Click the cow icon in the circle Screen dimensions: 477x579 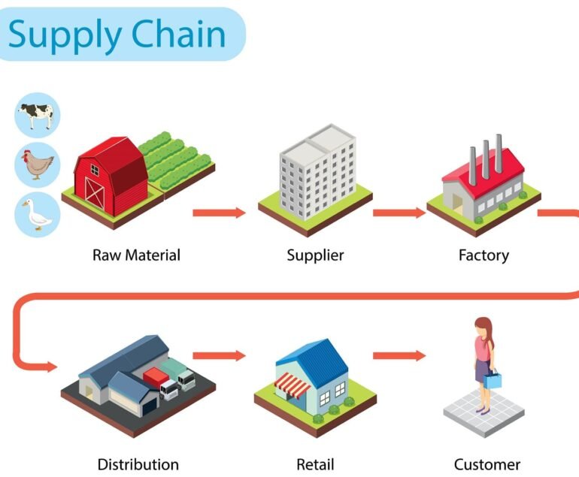[x=37, y=114]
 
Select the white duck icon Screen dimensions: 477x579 [x=37, y=214]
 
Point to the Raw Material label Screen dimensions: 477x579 [x=136, y=255]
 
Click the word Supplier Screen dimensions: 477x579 [x=315, y=255]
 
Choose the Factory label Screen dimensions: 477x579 [x=484, y=255]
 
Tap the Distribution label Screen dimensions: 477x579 [x=138, y=464]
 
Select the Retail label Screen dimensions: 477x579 [x=315, y=464]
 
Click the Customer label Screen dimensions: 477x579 [x=487, y=464]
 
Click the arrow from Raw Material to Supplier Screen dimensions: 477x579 [x=219, y=213]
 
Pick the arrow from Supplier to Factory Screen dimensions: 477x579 [x=399, y=213]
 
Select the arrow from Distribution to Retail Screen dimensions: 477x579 [x=219, y=355]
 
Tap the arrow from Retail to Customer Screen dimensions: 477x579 [x=399, y=355]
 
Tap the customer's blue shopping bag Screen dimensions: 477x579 [x=492, y=380]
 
